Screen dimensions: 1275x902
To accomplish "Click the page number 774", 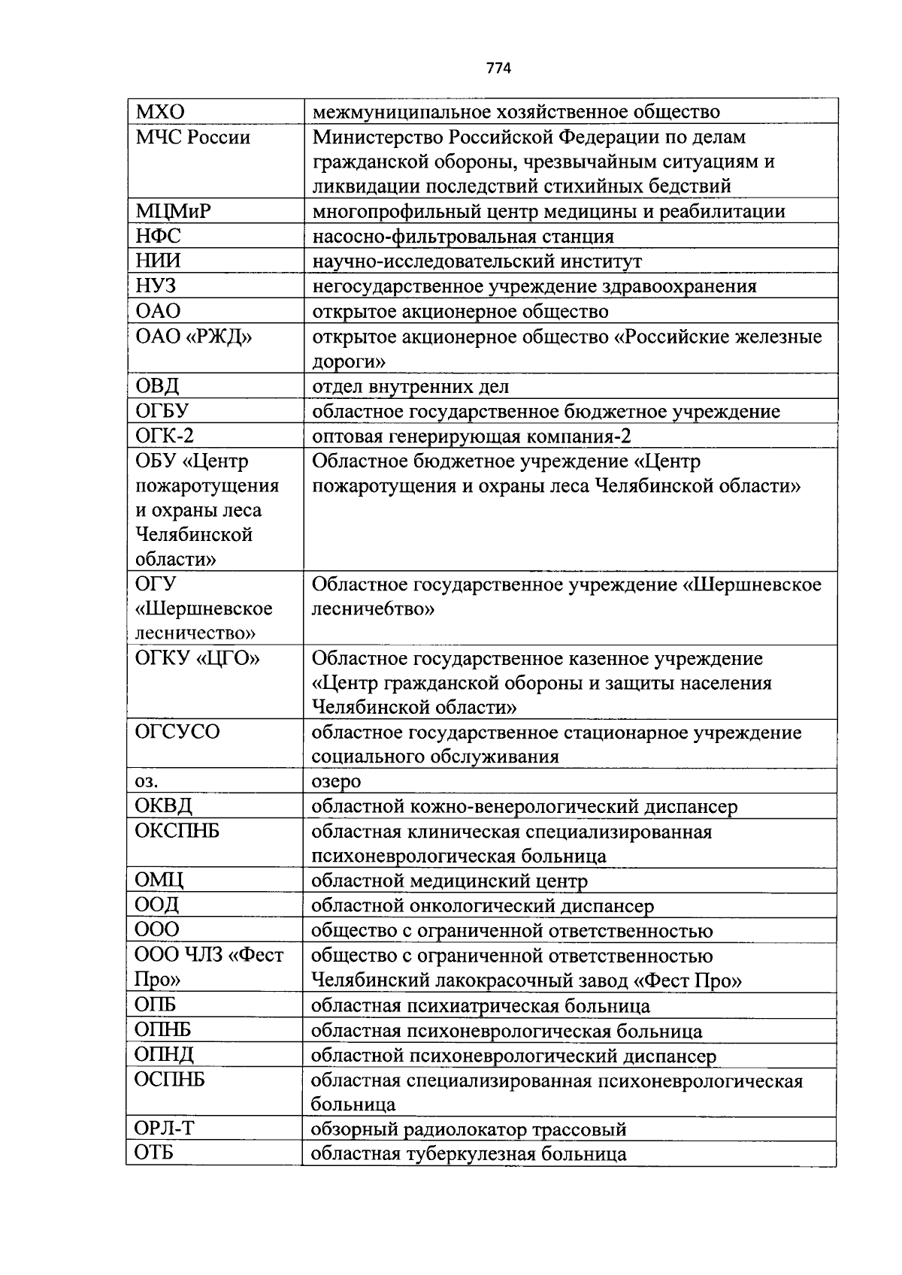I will [498, 68].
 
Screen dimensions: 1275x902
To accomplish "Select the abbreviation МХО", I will [160, 112].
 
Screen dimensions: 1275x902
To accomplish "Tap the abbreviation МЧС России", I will [193, 137].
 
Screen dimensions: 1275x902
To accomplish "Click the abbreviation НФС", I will [159, 237].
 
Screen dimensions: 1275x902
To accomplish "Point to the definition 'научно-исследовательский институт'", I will [477, 261].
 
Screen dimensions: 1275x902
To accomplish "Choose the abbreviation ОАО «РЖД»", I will [194, 337].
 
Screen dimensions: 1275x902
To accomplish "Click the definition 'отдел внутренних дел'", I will [410, 387].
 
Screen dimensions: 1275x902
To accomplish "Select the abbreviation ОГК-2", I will [165, 437].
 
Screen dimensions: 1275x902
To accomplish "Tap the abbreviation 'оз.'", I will [147, 781].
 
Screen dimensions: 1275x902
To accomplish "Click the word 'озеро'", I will [336, 781].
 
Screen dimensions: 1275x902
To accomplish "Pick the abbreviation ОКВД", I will [164, 806].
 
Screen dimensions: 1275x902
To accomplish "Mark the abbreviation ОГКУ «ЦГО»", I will [198, 659].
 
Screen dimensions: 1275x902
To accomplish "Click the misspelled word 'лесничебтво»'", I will [373, 609].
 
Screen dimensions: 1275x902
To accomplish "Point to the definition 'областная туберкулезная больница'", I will [468, 1154].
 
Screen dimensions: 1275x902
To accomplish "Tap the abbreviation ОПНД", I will [164, 1055].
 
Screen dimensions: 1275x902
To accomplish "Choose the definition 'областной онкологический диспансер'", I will [483, 906].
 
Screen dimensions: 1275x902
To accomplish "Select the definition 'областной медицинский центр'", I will [449, 881].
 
